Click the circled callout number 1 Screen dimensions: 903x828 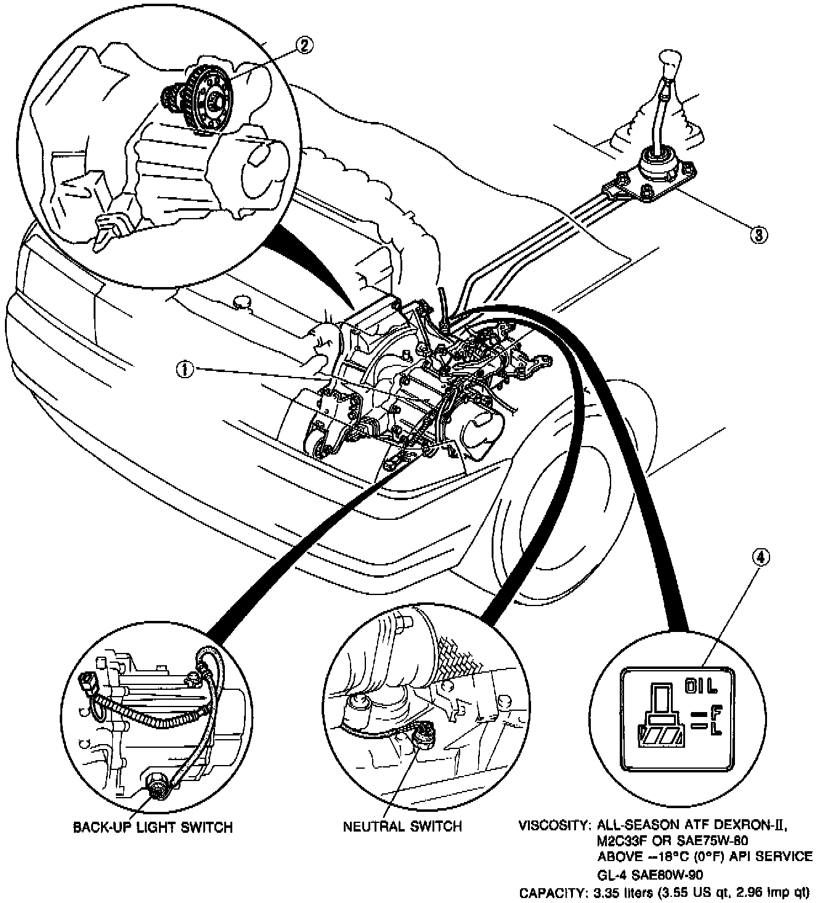[185, 368]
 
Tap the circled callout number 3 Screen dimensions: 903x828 [758, 233]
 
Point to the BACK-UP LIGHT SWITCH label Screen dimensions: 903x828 [153, 827]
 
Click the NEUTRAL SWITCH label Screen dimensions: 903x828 [402, 826]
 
